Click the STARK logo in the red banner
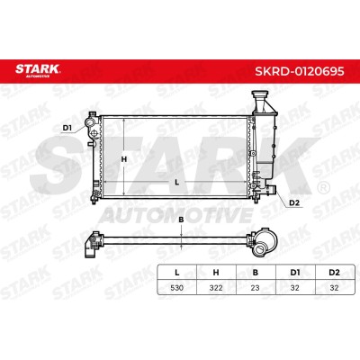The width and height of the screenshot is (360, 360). [38, 70]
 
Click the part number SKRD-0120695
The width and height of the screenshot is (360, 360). [300, 71]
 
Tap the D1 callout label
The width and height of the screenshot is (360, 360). [67, 128]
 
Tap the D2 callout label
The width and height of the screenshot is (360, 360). [294, 203]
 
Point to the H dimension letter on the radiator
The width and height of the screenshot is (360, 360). [124, 159]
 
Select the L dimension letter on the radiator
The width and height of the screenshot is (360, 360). [177, 182]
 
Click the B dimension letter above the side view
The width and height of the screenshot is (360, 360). [181, 220]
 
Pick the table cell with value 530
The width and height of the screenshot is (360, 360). [177, 288]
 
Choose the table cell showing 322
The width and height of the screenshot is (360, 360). [216, 288]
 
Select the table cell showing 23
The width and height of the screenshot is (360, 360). [256, 288]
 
